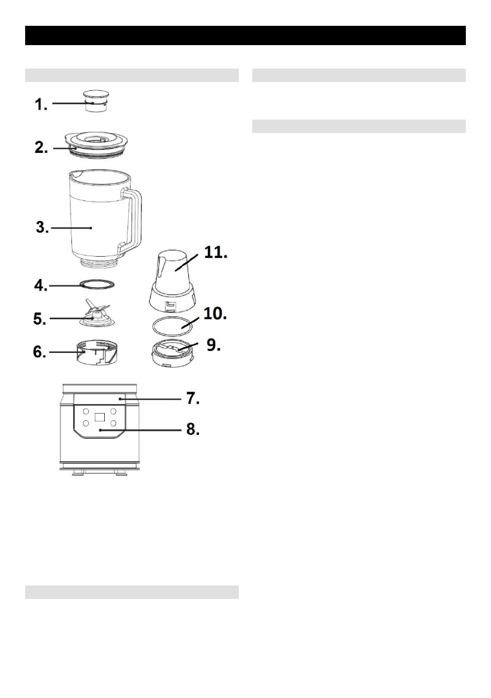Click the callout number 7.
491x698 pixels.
193,399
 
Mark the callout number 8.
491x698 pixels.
193,430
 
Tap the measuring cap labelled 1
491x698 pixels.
97,101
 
